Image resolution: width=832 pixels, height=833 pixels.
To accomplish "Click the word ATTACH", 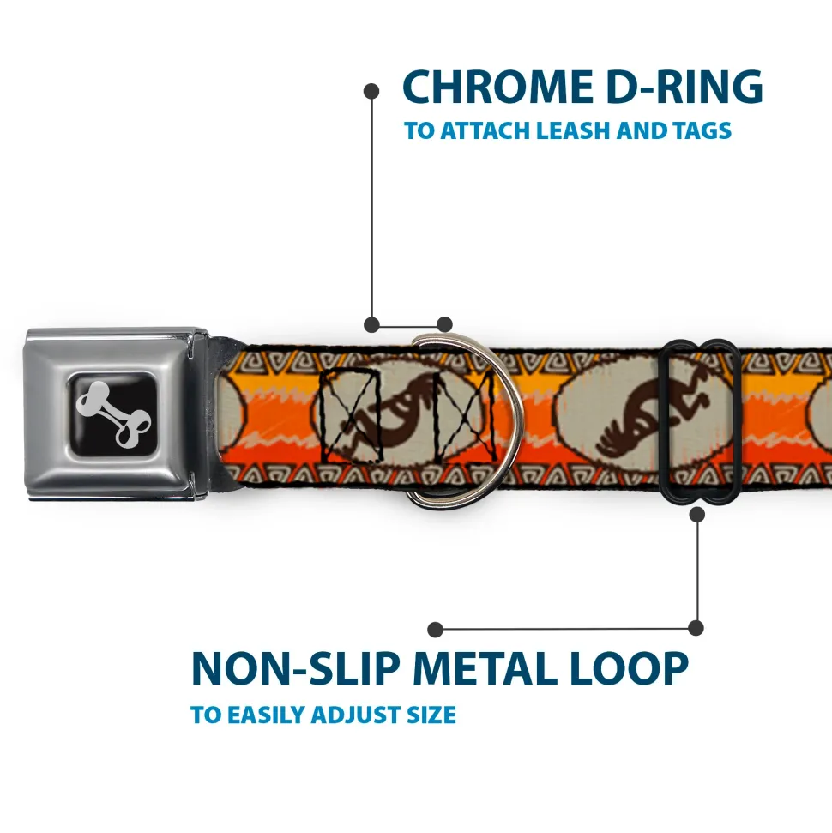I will pyautogui.click(x=483, y=131).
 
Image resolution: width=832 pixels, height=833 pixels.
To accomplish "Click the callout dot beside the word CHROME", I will pyautogui.click(x=371, y=89).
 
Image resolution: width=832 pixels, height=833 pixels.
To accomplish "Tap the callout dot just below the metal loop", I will pyautogui.click(x=696, y=514).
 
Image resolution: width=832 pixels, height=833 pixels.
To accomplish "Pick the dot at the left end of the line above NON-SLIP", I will pyautogui.click(x=436, y=630).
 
